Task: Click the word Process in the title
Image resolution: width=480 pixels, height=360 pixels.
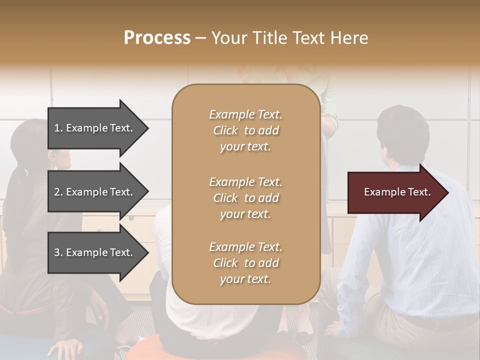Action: tap(157, 38)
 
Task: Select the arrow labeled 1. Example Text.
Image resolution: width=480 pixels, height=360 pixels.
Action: tap(95, 128)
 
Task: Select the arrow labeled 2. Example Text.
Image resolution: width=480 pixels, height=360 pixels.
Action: tap(95, 192)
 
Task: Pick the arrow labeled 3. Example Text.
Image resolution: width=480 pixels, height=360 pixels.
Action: tap(95, 252)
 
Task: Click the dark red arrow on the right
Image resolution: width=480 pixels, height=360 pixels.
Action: tap(395, 192)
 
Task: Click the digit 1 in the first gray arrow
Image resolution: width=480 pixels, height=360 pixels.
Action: tap(56, 128)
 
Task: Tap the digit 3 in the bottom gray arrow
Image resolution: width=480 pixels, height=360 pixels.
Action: tap(56, 252)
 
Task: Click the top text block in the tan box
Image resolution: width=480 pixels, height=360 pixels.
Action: tap(245, 130)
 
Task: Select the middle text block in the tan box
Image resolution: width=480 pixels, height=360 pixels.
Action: tap(245, 198)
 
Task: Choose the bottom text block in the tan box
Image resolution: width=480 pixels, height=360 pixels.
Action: tap(245, 263)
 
